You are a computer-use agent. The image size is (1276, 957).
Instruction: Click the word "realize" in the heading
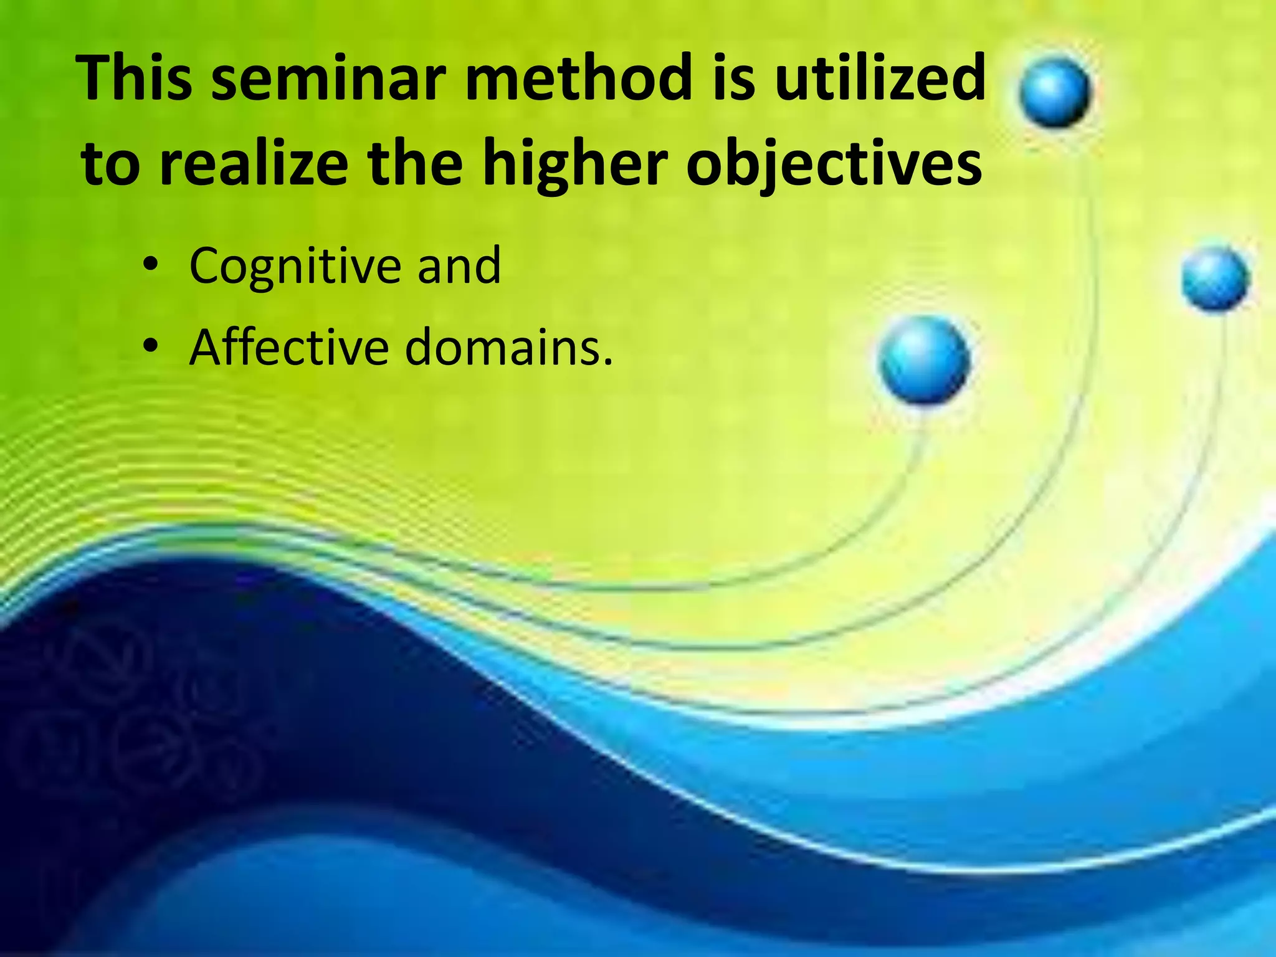tap(254, 163)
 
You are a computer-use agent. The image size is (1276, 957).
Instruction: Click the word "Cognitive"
tap(295, 267)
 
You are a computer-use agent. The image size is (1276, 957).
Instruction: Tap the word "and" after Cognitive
tap(459, 266)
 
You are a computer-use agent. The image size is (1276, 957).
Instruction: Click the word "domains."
tap(509, 348)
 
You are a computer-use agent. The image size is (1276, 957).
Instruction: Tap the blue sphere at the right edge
tap(1216, 279)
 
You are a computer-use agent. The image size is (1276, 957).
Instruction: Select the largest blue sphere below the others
tap(925, 360)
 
